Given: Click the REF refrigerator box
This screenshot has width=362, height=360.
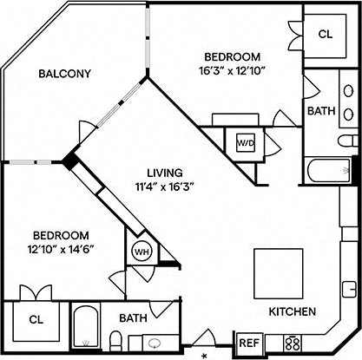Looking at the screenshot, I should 249,344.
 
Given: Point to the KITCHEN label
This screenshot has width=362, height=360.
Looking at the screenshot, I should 291,311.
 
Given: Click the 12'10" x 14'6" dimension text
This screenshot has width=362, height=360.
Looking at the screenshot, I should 62,248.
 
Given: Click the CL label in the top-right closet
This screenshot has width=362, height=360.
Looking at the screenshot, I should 326,35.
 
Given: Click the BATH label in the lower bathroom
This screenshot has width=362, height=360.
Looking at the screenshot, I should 132,318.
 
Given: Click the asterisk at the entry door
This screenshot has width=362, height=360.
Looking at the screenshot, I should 206,356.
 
